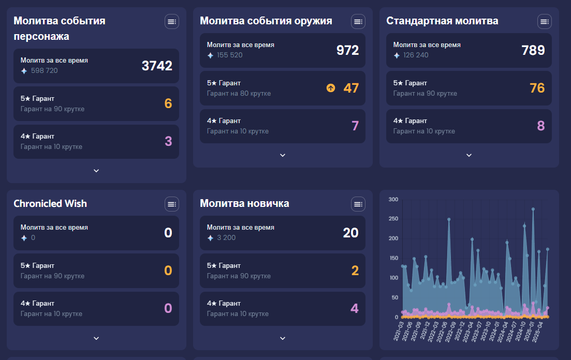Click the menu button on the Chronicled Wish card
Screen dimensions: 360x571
coord(172,204)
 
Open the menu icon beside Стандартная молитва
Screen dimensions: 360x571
coord(544,21)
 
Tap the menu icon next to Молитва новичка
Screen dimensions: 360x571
coord(358,204)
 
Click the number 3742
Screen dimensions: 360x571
coord(157,66)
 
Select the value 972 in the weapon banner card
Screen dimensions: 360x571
coord(347,50)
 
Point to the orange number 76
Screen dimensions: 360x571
coord(537,88)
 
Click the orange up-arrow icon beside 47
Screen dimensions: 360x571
coord(331,88)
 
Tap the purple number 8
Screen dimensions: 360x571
coord(540,126)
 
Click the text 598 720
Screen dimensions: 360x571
coord(45,71)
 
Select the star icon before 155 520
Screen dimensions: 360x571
coord(210,55)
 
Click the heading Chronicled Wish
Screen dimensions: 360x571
coord(50,204)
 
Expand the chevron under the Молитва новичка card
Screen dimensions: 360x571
coord(283,338)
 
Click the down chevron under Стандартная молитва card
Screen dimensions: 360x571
coord(469,155)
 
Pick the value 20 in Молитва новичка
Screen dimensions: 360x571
coord(350,233)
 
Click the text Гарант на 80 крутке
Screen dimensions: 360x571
coord(239,94)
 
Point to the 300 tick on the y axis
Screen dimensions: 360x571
coord(393,200)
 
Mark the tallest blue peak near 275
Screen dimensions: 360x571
coord(533,209)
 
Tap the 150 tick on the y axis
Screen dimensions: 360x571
coord(393,258)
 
